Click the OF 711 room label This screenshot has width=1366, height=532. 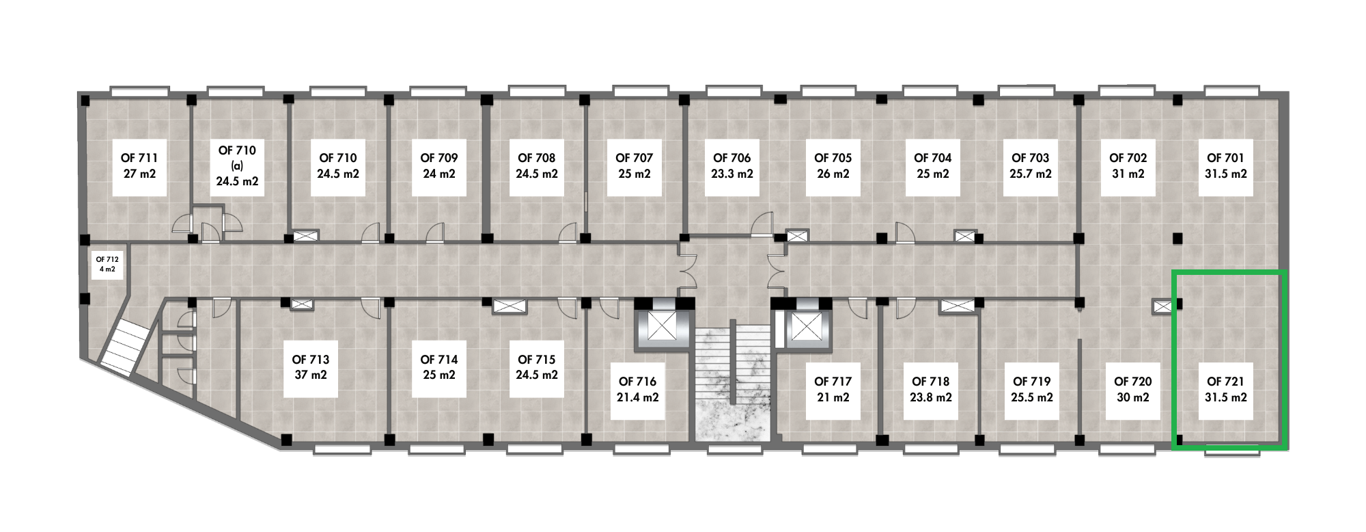[x=139, y=166]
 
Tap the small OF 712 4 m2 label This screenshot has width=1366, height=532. [x=107, y=264]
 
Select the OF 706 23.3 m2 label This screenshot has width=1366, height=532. [x=731, y=166]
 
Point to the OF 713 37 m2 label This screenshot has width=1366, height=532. [x=311, y=367]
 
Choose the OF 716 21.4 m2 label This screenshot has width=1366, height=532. [x=638, y=390]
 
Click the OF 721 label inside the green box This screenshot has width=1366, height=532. [x=1225, y=390]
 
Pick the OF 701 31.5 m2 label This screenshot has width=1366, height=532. [x=1225, y=166]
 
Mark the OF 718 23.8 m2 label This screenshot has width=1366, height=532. [x=930, y=390]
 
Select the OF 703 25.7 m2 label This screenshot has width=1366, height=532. [x=1030, y=166]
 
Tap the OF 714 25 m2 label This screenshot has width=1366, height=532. [x=438, y=367]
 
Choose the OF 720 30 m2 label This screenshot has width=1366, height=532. [x=1132, y=390]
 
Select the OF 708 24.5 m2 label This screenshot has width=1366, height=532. [x=537, y=166]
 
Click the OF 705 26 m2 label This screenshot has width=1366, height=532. [x=833, y=166]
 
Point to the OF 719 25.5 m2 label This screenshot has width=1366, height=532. [x=1031, y=390]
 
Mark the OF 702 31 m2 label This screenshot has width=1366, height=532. [x=1128, y=166]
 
